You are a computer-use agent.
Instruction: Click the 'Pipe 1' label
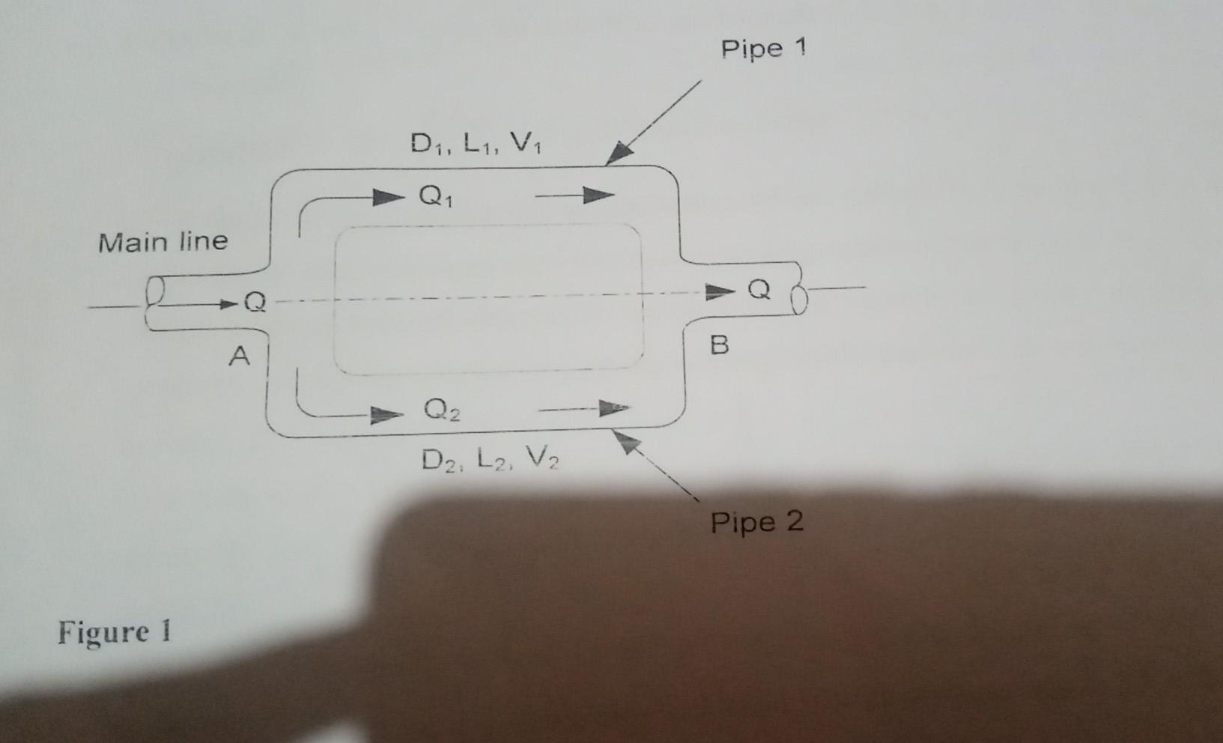[x=763, y=49]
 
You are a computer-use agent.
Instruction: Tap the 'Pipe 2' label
[x=756, y=522]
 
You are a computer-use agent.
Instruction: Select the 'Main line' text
[x=163, y=242]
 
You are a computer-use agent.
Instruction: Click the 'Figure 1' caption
[x=115, y=631]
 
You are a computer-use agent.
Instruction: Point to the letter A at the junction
[x=239, y=356]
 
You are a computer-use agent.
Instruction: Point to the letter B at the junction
[x=719, y=345]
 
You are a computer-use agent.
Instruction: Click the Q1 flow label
[x=435, y=196]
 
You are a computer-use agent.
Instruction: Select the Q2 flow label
[x=441, y=410]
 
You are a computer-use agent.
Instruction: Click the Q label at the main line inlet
[x=255, y=302]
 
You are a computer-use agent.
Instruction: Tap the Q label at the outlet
[x=759, y=289]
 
